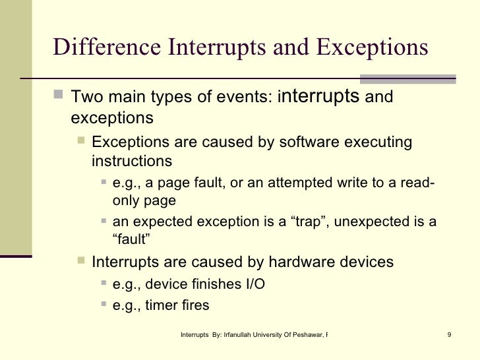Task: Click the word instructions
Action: click(132, 161)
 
